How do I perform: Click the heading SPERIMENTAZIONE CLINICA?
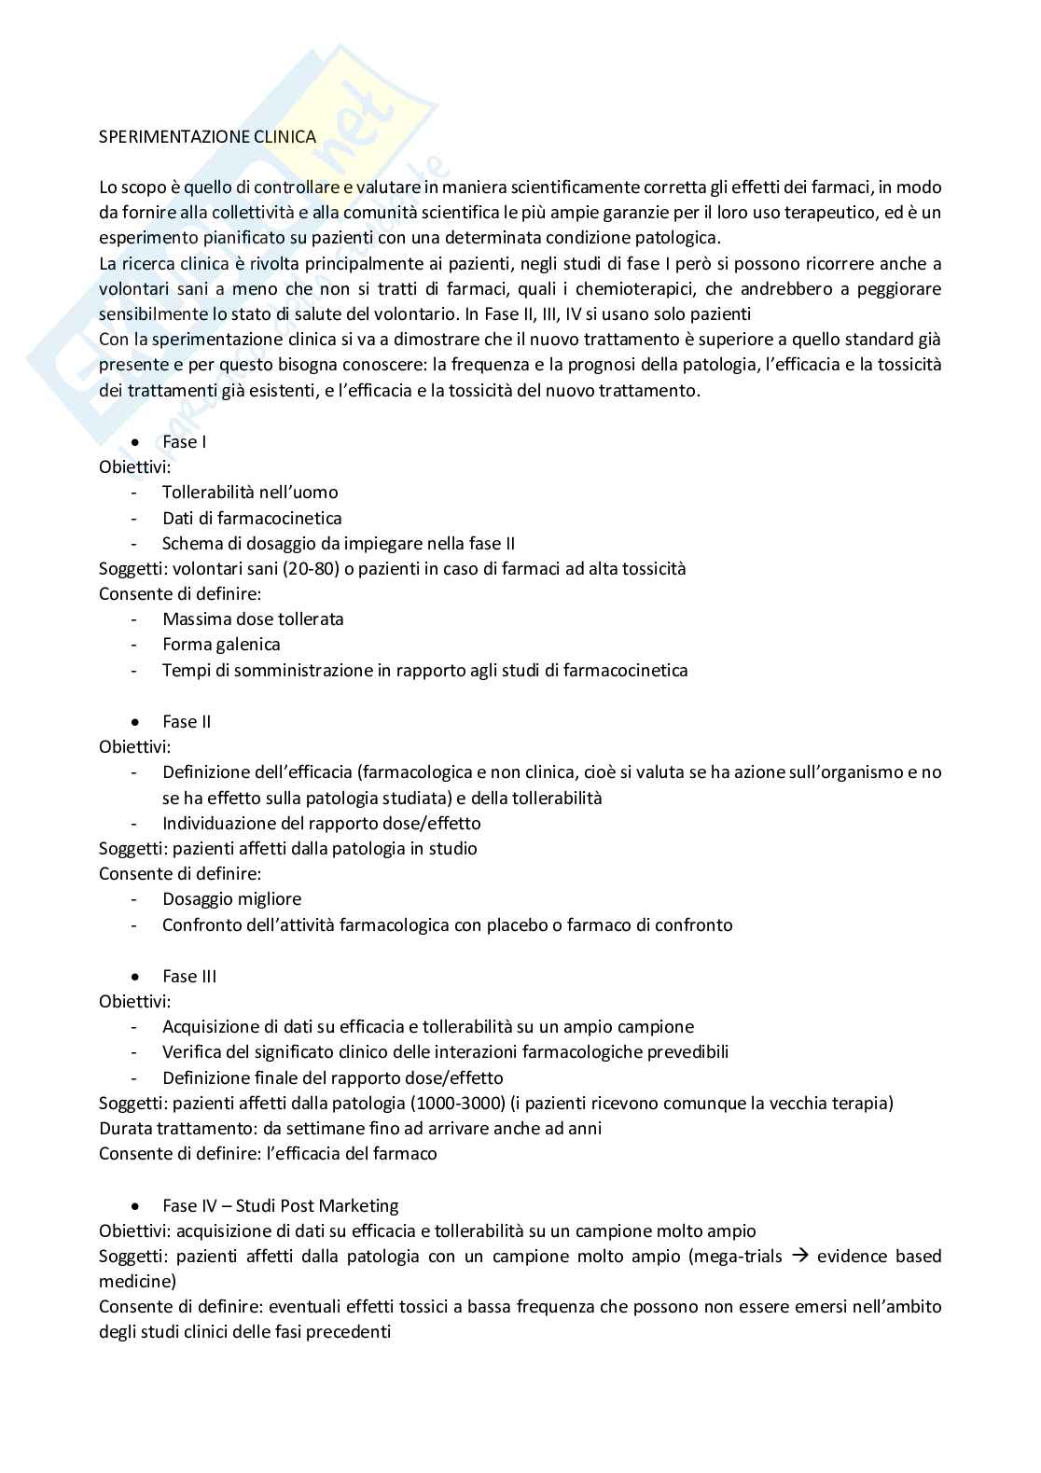coord(207,136)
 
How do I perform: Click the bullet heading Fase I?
coord(184,441)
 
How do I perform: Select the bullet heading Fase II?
coord(187,721)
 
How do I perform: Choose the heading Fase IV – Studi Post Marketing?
coord(280,1205)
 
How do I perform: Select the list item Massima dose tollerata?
coord(253,618)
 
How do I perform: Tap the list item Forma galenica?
coord(221,644)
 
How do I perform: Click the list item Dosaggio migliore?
coord(231,898)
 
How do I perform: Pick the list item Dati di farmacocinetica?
coord(252,518)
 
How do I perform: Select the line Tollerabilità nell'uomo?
coord(250,492)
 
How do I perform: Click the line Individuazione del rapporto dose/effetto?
coord(321,823)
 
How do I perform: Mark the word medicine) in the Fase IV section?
coord(137,1281)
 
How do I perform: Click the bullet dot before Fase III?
coord(137,977)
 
